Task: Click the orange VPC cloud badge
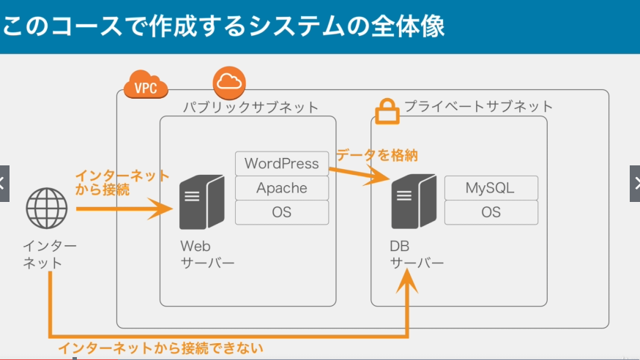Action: click(x=146, y=84)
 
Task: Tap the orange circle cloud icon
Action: click(x=229, y=83)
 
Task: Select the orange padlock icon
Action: click(x=387, y=111)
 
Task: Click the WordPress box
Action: click(x=282, y=163)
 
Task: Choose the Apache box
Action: click(x=282, y=188)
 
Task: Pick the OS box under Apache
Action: click(x=282, y=212)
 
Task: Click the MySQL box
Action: click(x=491, y=188)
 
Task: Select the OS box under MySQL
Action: click(x=491, y=212)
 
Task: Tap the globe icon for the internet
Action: click(x=47, y=208)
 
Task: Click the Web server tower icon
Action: click(x=202, y=202)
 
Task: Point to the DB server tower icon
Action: click(x=414, y=201)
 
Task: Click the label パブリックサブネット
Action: click(x=250, y=108)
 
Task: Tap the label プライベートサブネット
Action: click(x=478, y=106)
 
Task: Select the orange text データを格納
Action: click(x=377, y=155)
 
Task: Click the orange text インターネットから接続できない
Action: click(x=160, y=348)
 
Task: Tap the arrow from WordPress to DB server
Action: click(x=360, y=174)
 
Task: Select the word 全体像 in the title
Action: click(x=408, y=26)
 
